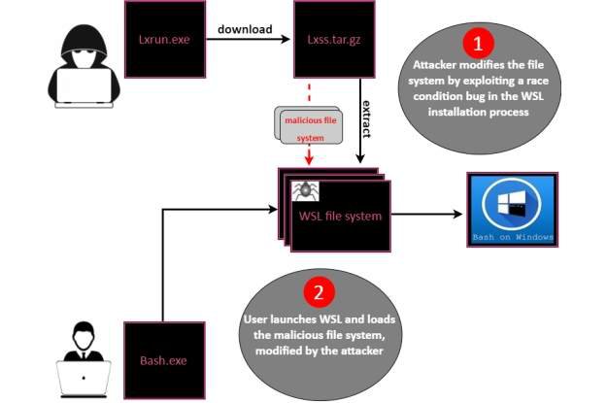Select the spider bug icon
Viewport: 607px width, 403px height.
(x=303, y=190)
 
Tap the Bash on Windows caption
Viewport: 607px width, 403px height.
(x=513, y=236)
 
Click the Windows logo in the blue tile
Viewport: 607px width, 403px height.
(x=513, y=204)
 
